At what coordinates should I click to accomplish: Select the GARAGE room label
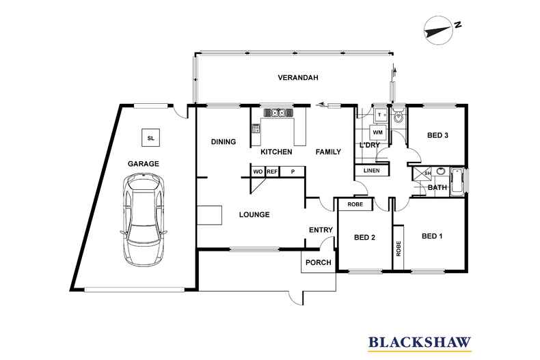(x=143, y=164)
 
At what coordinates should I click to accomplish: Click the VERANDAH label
(x=298, y=79)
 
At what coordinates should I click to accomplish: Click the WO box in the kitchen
(x=258, y=171)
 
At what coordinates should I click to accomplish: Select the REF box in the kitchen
(x=271, y=171)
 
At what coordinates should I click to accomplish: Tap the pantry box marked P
(x=293, y=171)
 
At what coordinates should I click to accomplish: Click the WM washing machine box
(x=377, y=132)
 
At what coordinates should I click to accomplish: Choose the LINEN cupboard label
(x=371, y=170)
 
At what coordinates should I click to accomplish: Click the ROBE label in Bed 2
(x=355, y=204)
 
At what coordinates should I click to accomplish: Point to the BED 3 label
(x=437, y=135)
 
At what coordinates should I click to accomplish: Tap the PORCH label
(x=319, y=262)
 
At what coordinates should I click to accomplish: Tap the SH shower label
(x=428, y=173)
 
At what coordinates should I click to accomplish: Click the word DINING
(x=223, y=142)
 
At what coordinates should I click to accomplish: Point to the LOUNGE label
(x=254, y=214)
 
